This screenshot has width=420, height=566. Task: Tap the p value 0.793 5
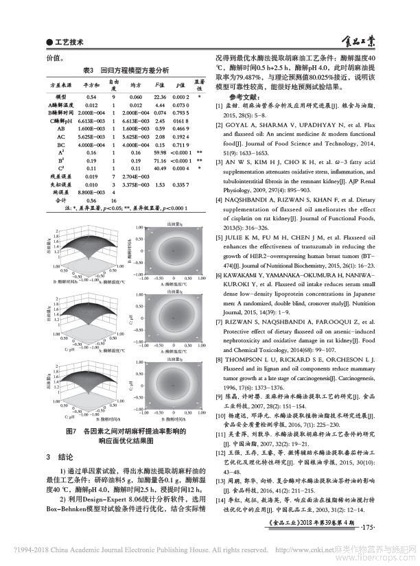pos(180,113)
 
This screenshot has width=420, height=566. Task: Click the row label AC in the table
pos(61,136)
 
